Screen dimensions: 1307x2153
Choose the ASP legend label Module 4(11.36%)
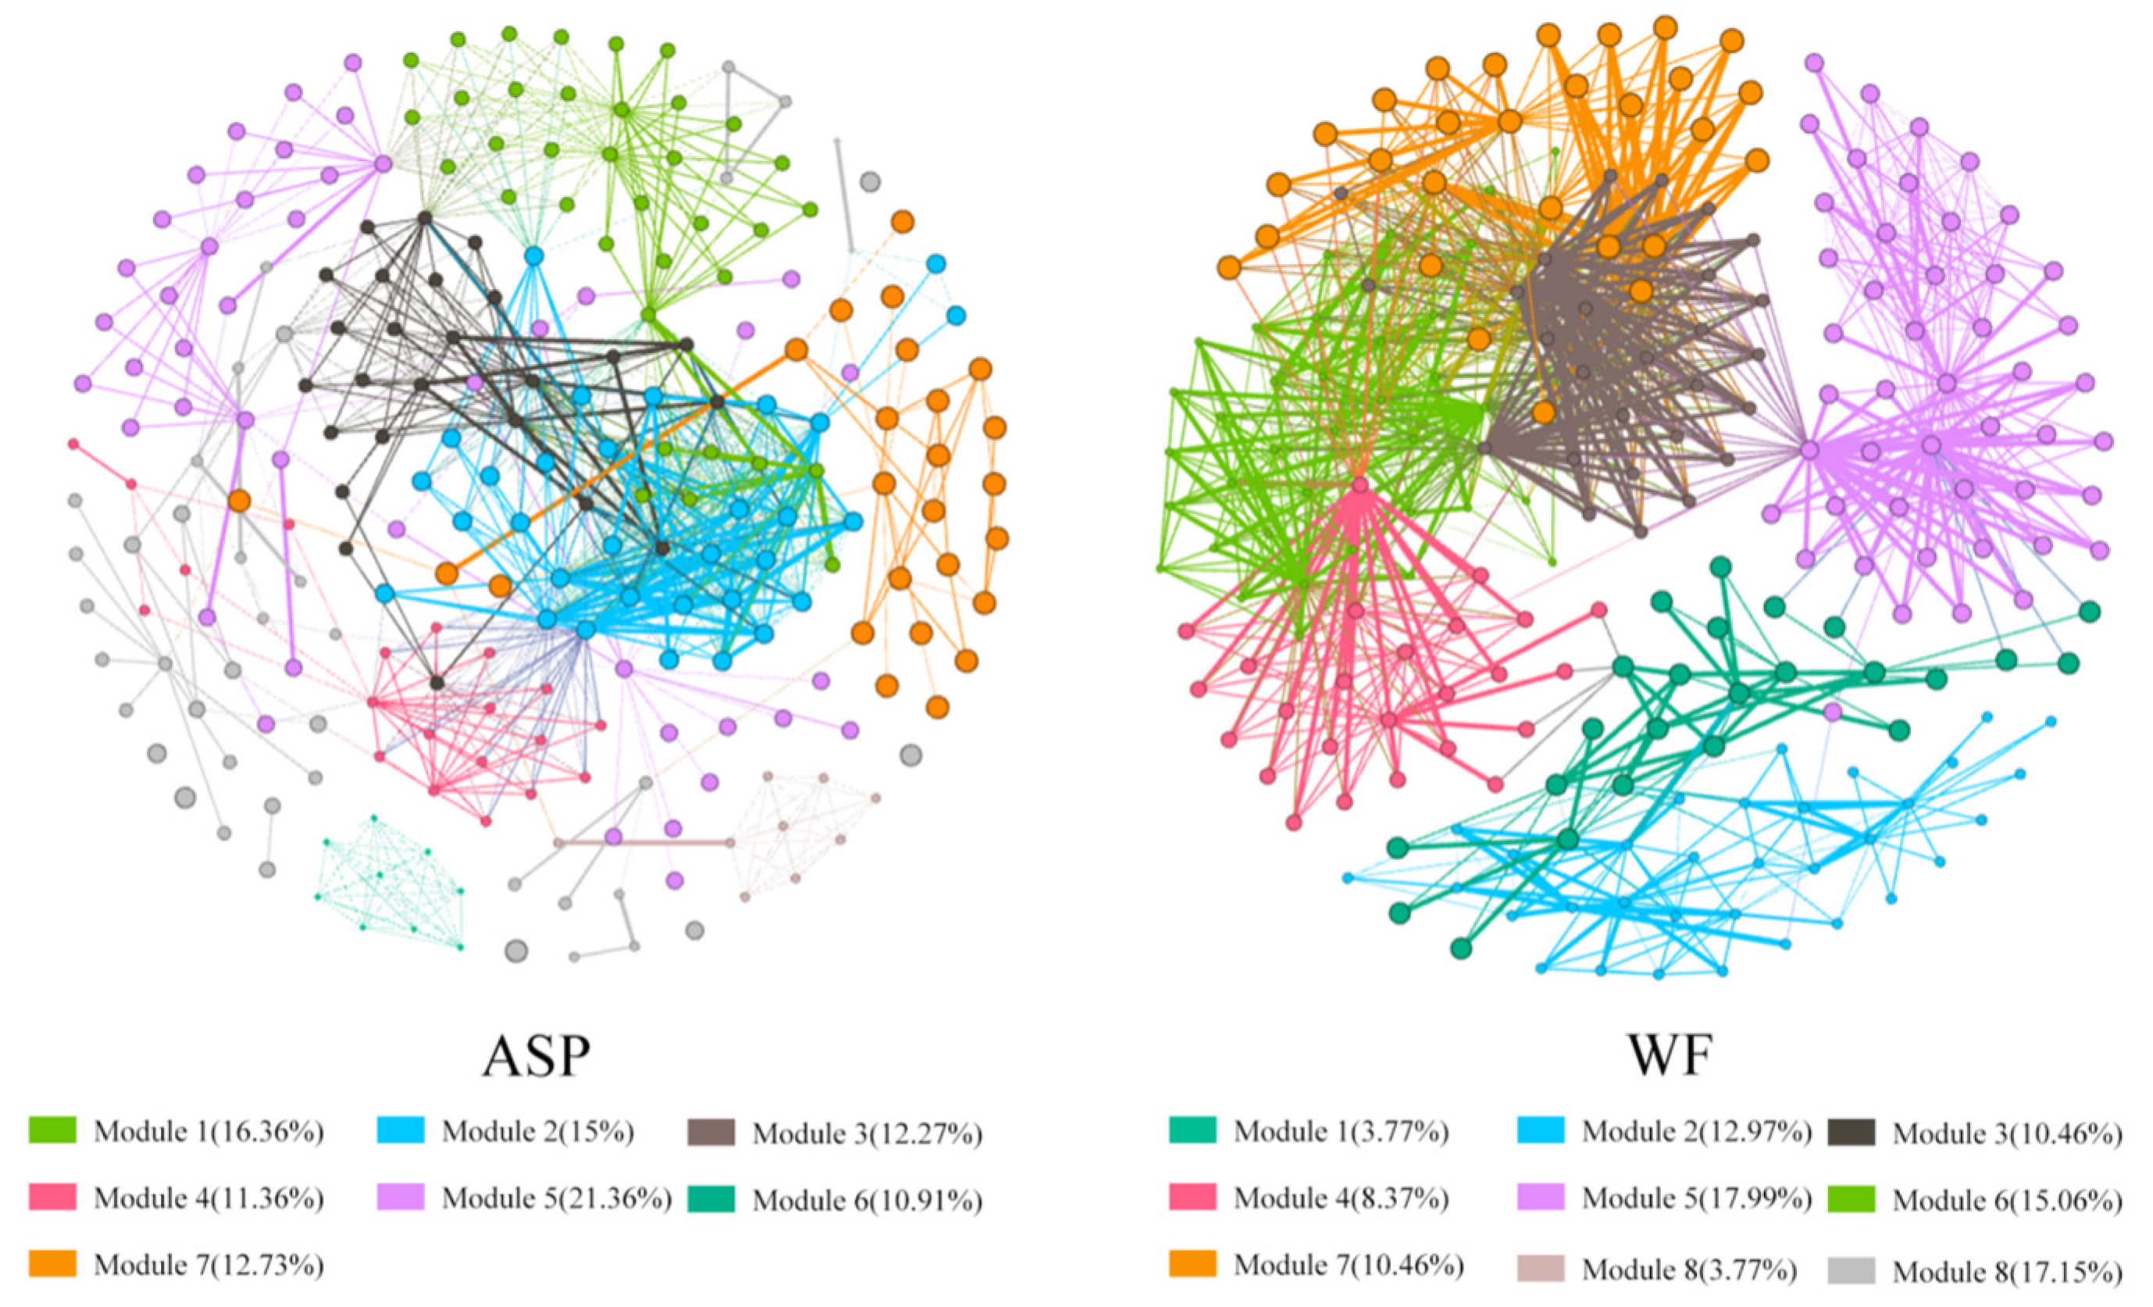pyautogui.click(x=209, y=1198)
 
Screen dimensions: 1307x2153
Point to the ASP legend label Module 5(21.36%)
pyautogui.click(x=557, y=1198)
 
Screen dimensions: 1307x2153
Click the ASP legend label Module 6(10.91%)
pyautogui.click(x=868, y=1200)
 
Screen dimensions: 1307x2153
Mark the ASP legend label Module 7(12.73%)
pyautogui.click(x=209, y=1264)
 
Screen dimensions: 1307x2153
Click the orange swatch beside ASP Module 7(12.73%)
pyautogui.click(x=52, y=1263)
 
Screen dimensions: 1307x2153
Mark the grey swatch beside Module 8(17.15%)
pyautogui.click(x=1852, y=1270)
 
